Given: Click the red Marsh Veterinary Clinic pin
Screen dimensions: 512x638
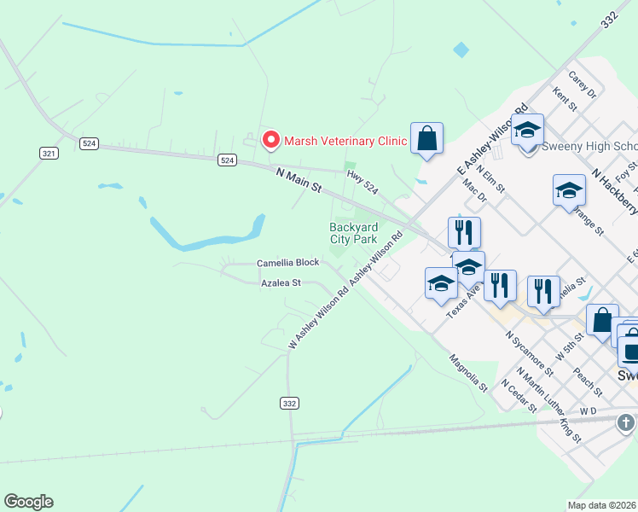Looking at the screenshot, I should pyautogui.click(x=271, y=139).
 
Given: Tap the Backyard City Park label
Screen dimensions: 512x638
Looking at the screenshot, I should pyautogui.click(x=353, y=233).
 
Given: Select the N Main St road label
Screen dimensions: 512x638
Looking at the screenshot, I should pyautogui.click(x=299, y=178).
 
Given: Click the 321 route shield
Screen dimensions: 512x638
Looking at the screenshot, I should pyautogui.click(x=49, y=153).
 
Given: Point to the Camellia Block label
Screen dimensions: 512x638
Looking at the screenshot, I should pyautogui.click(x=288, y=263).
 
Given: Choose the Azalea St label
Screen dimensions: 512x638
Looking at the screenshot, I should pyautogui.click(x=281, y=282).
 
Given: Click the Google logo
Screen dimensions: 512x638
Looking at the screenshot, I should pyautogui.click(x=28, y=502).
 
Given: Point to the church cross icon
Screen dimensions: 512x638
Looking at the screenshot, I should pyautogui.click(x=626, y=422).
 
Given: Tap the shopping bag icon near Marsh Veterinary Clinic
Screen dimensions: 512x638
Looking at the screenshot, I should pyautogui.click(x=426, y=138).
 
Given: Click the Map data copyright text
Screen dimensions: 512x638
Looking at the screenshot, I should pyautogui.click(x=602, y=505).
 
